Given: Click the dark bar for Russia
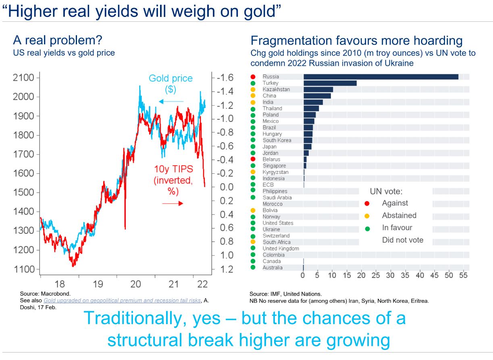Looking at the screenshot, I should pos(381,77).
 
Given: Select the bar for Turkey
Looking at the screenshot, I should pos(330,83).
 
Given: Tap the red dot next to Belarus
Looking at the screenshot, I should pos(253,160).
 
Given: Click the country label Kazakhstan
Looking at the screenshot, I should pos(276,89).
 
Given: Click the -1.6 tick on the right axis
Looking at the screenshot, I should pos(225,78).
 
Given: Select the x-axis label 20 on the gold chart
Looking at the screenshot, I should pos(136,284).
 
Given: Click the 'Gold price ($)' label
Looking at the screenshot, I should pos(171,83).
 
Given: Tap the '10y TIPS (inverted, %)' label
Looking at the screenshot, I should pos(173,180).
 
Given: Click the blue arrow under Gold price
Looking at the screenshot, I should pos(171,102).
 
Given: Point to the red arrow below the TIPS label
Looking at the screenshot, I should pos(173,204).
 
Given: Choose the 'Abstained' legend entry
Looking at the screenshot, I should pos(399,216).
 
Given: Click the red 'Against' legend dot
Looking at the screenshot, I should pos(367,204).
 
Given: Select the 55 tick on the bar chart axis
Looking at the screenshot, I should pos(464,276).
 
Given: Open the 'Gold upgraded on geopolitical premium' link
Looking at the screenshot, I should pos(122,301).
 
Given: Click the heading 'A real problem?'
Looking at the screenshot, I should pos(58,41).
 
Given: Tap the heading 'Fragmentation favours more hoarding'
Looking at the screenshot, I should pos(356,41).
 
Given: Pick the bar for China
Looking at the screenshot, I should pos(317,96).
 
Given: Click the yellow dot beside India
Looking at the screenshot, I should pos(253,102).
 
